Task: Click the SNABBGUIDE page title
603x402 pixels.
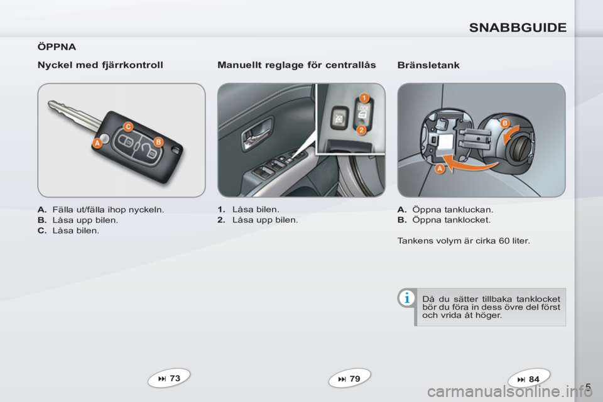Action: tap(518, 28)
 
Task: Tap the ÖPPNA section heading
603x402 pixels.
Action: tap(57, 47)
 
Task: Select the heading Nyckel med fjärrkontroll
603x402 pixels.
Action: tap(100, 65)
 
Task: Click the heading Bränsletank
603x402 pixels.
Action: tap(428, 65)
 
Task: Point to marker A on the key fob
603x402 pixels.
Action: tap(97, 143)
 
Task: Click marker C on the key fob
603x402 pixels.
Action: tap(128, 126)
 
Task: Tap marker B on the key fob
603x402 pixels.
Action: tap(158, 142)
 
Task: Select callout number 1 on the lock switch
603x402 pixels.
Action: tap(364, 97)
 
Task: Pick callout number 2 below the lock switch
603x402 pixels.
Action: tap(361, 129)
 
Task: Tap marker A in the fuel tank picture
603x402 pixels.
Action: tap(440, 168)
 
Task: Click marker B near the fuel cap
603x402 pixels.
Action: tap(504, 123)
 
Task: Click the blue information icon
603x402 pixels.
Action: tap(406, 298)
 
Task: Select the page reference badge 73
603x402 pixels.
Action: tap(169, 378)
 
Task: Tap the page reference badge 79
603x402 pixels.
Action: tap(349, 379)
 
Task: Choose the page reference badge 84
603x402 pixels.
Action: tap(529, 379)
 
